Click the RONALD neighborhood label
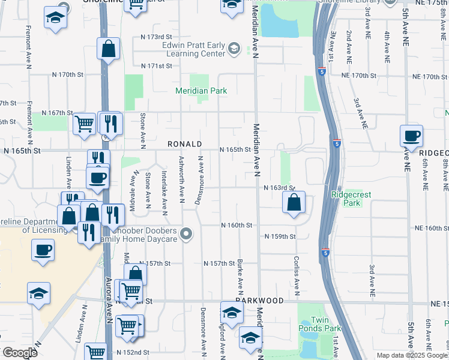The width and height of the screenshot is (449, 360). pos(184,145)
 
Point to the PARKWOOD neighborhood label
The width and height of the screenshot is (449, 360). pos(259,299)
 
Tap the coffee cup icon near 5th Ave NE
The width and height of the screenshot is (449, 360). pos(412,136)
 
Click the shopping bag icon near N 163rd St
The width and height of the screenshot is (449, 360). pos(294,203)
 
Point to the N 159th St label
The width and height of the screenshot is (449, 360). pos(280,236)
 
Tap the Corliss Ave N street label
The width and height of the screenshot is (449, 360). pos(297,277)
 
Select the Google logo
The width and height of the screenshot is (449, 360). pos(20,353)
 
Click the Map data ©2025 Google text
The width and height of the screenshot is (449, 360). pos(412,355)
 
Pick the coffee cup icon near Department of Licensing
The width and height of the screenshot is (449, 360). pos(43,250)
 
